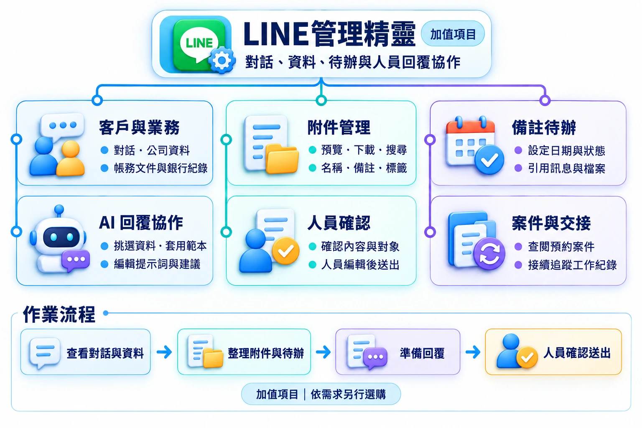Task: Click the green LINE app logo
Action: click(x=199, y=44)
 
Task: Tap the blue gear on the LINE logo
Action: click(x=222, y=60)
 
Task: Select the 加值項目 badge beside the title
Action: click(x=453, y=34)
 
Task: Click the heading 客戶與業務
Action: click(x=139, y=127)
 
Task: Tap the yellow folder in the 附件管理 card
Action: click(x=282, y=159)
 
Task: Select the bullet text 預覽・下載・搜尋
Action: click(x=364, y=150)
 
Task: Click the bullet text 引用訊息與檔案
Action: click(x=567, y=168)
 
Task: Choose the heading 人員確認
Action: click(x=339, y=223)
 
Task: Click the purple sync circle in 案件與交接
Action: click(x=489, y=253)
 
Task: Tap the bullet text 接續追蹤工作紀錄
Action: click(x=572, y=265)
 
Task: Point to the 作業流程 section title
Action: click(x=59, y=314)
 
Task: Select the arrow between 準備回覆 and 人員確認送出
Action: click(x=473, y=352)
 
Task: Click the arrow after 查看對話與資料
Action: click(x=164, y=352)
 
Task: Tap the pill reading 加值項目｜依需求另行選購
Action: click(x=321, y=394)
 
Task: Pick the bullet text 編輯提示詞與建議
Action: click(x=157, y=264)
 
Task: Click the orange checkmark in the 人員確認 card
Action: click(x=285, y=251)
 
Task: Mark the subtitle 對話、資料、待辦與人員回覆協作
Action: click(x=353, y=62)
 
